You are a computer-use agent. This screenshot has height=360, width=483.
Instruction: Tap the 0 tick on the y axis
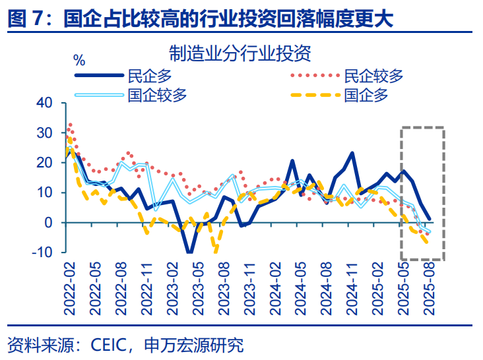click(x=47, y=223)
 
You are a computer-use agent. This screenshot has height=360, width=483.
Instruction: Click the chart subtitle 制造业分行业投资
click(x=240, y=52)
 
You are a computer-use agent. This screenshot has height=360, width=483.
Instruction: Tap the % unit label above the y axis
click(x=79, y=61)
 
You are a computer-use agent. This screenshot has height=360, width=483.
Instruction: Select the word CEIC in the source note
click(x=109, y=344)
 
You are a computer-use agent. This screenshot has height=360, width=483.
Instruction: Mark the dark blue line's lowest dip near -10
click(x=190, y=252)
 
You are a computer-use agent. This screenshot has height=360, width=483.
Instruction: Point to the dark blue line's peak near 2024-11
click(x=352, y=153)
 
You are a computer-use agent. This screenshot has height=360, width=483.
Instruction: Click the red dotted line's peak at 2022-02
click(x=70, y=124)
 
